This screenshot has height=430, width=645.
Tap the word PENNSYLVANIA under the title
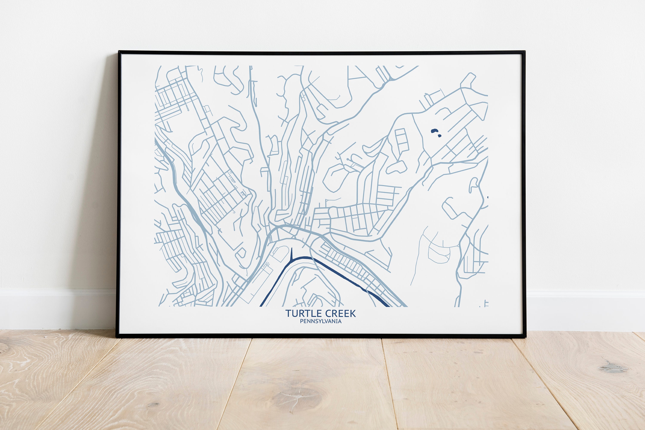click(321, 321)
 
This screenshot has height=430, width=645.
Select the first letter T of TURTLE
click(288, 313)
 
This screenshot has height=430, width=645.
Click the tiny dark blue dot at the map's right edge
click(487, 197)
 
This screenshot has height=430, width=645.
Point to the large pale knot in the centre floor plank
click(296, 398)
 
